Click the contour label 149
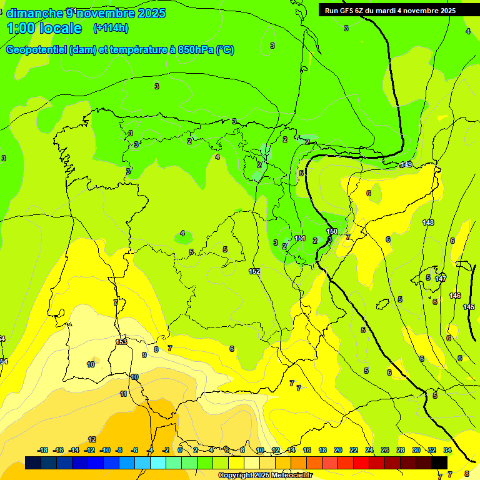tap(406, 164)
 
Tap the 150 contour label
tap(332, 231)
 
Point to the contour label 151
tap(300, 238)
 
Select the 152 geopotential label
tap(254, 271)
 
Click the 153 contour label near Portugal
tap(121, 342)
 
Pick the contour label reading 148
tap(428, 222)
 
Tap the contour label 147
tap(441, 279)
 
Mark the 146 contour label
tap(455, 296)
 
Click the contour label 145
tap(469, 307)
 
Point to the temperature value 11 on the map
tap(123, 394)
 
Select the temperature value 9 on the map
tap(144, 355)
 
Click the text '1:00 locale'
tap(44, 28)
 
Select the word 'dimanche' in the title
tap(34, 13)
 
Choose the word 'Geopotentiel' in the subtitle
tap(35, 50)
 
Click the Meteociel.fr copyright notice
tap(265, 475)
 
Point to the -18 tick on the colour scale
tap(43, 450)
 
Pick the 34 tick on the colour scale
tap(447, 450)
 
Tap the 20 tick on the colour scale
tap(338, 450)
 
